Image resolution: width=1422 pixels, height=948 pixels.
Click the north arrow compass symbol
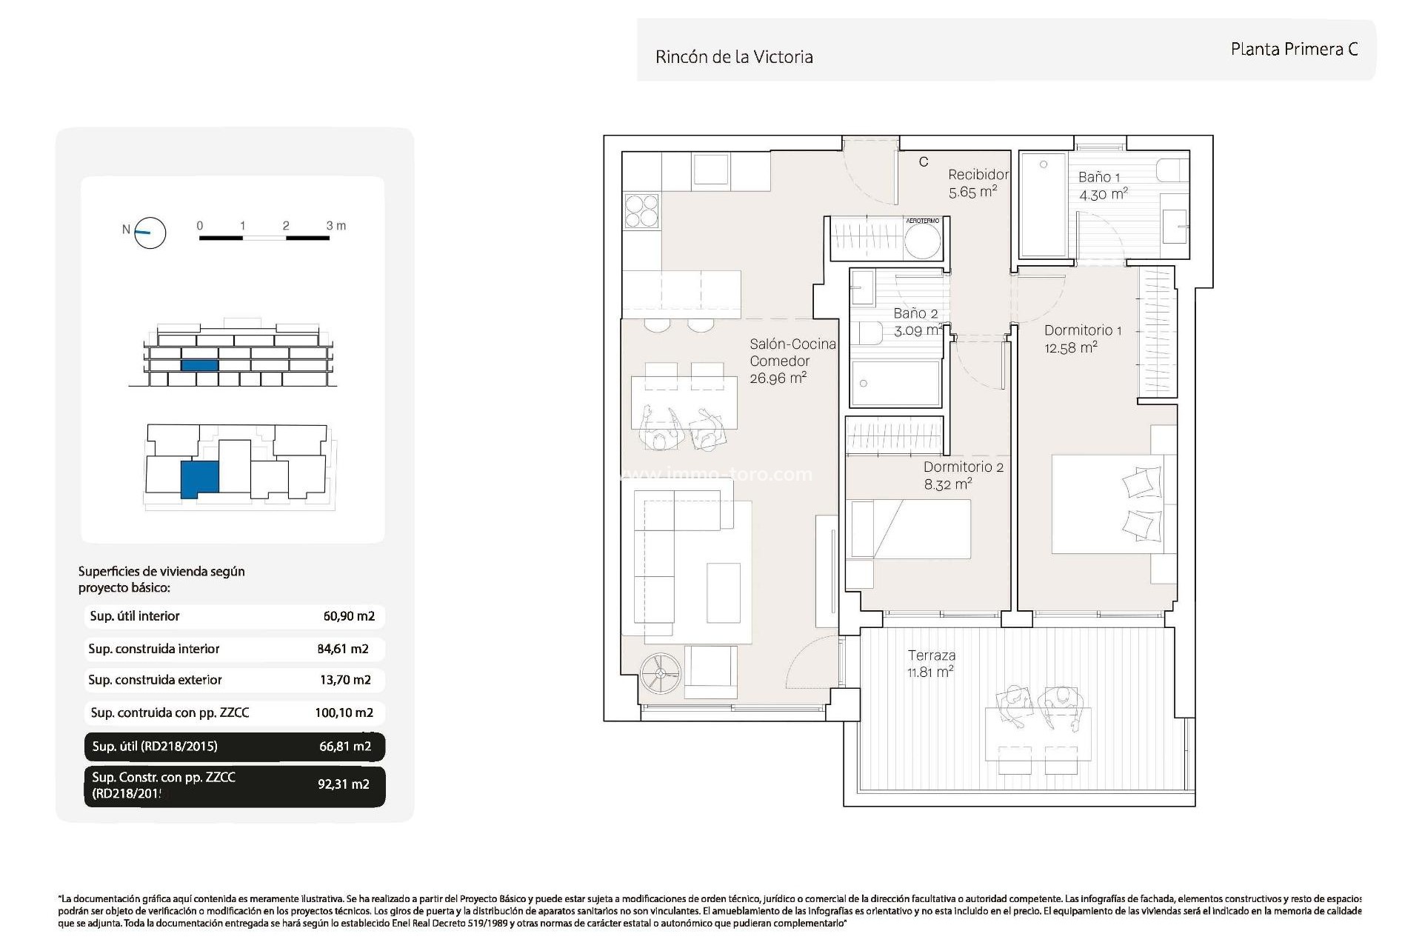point(150,233)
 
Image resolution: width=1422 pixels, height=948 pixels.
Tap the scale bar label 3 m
point(336,226)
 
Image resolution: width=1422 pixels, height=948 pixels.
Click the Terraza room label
point(932,655)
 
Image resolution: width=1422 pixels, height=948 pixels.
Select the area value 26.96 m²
point(778,378)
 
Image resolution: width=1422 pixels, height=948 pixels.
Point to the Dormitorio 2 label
point(964,467)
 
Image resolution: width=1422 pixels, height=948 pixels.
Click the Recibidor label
point(978,175)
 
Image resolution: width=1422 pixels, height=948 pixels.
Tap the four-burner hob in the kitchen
point(641,210)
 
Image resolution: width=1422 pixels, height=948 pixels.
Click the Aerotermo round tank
point(924,241)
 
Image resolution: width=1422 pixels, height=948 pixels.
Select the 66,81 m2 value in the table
point(345,746)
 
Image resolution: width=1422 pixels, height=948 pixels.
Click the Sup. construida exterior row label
point(155,680)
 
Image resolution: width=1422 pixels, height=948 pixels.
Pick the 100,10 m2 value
point(344,712)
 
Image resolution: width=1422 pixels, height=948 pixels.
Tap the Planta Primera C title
point(1294,49)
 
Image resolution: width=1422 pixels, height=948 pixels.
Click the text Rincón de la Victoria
point(734,57)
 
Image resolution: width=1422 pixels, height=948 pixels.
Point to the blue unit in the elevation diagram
point(199,365)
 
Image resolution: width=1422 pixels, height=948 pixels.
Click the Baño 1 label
point(1099,177)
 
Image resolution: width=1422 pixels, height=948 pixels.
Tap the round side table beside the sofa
point(661,673)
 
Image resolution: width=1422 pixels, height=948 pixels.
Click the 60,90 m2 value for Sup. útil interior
point(349,616)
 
